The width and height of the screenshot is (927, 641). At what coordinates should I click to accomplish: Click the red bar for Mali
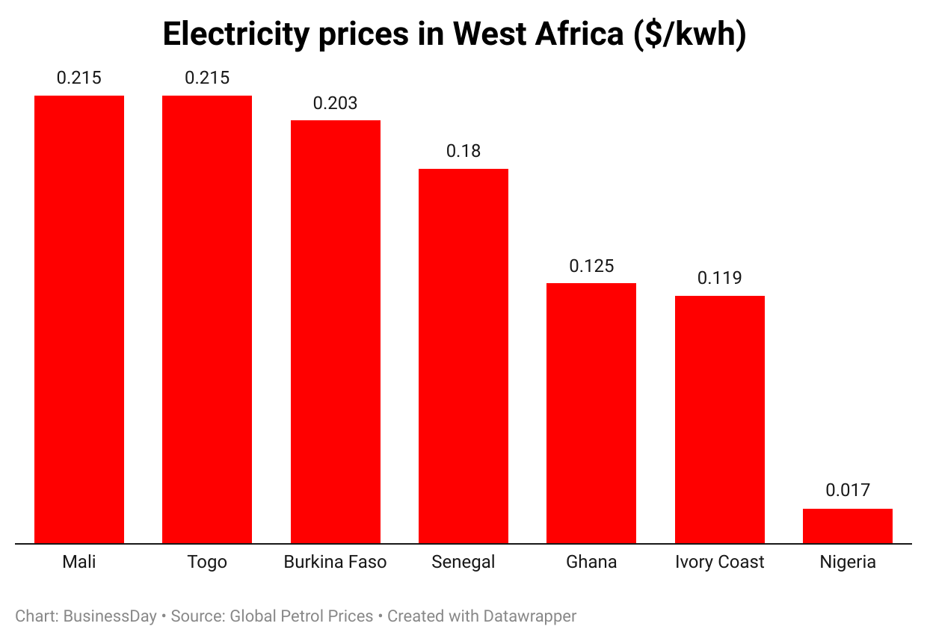click(x=79, y=319)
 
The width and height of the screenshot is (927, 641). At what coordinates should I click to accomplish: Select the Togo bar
click(x=207, y=319)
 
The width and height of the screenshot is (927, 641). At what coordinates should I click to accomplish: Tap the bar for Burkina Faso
click(x=335, y=332)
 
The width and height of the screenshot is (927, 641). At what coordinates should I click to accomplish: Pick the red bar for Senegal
click(x=463, y=356)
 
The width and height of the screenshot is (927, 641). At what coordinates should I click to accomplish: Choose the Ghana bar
click(x=591, y=413)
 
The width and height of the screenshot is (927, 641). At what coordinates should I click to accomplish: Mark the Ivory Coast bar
click(x=720, y=419)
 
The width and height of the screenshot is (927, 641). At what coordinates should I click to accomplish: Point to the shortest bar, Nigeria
click(x=848, y=526)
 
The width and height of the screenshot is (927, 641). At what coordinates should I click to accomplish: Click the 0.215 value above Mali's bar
click(x=79, y=78)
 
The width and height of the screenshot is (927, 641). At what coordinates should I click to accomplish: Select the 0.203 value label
click(x=335, y=103)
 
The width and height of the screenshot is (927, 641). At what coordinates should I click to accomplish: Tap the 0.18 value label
click(x=463, y=151)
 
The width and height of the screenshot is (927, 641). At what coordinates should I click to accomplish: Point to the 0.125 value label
click(x=591, y=266)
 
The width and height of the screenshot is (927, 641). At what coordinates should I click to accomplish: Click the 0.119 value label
click(x=720, y=278)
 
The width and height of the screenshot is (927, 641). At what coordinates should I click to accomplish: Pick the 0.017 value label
click(x=848, y=490)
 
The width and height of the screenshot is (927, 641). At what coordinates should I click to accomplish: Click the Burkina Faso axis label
click(x=335, y=562)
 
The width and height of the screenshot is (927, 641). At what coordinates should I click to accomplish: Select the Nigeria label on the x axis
click(x=848, y=562)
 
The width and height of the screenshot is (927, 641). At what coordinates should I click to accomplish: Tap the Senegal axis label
click(x=463, y=562)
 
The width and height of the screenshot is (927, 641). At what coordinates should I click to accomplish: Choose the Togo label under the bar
click(x=207, y=562)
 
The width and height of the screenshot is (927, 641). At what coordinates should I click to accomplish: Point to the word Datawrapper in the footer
click(x=529, y=616)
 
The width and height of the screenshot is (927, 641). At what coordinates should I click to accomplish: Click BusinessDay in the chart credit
click(x=110, y=616)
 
